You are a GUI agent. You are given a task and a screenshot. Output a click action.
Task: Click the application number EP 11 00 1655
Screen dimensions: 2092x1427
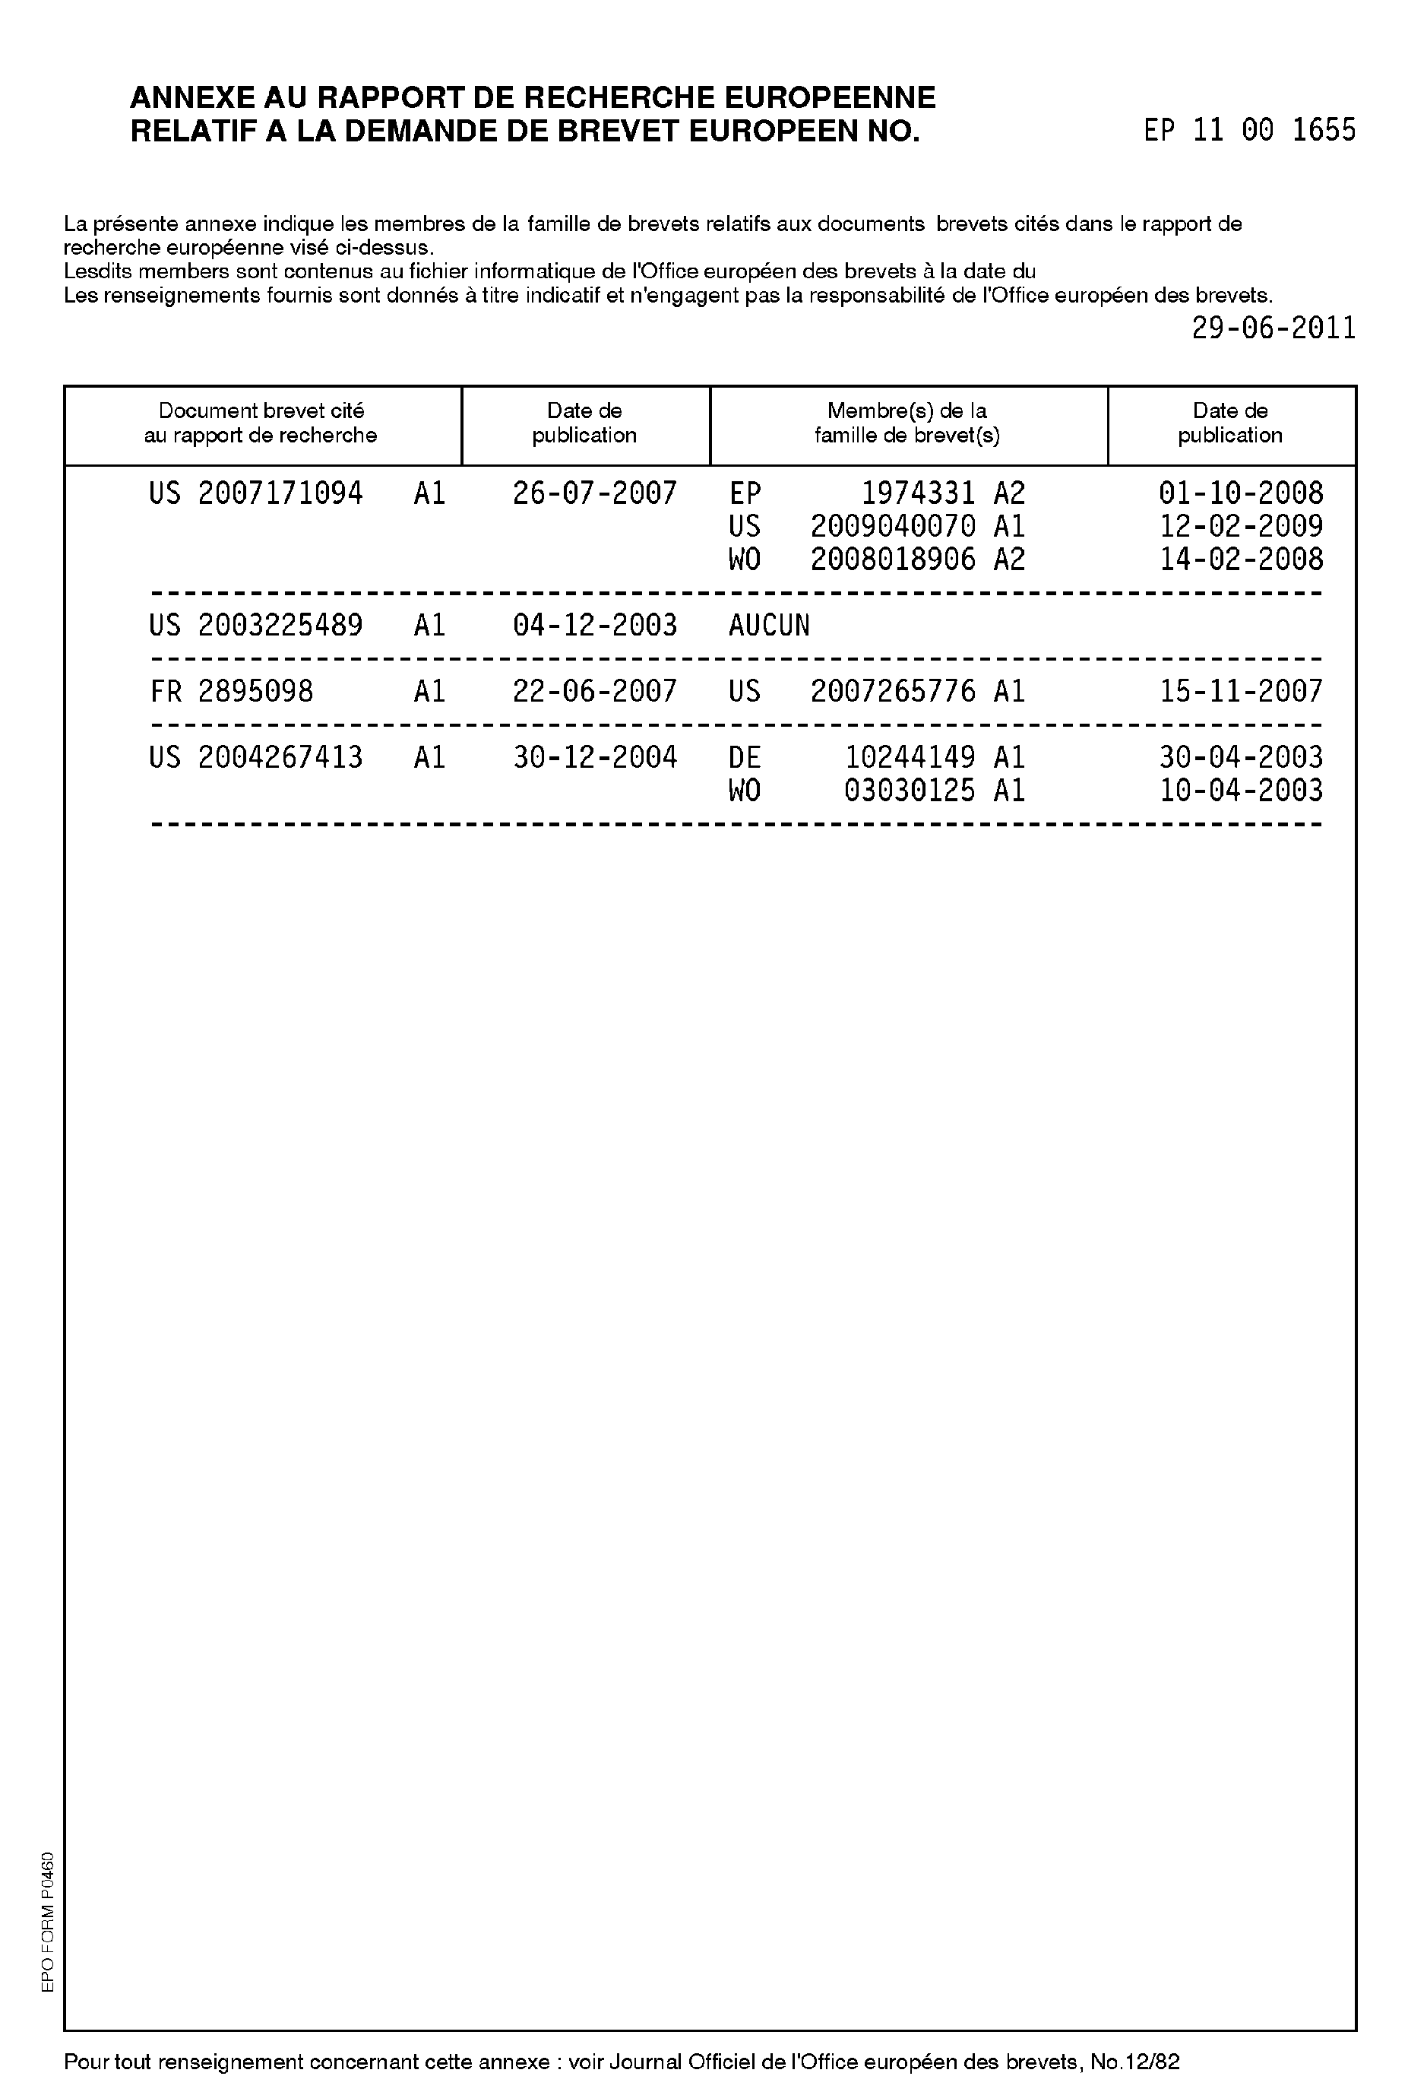(1249, 132)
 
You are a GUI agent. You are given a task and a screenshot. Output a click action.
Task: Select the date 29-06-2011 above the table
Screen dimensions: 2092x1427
(1274, 328)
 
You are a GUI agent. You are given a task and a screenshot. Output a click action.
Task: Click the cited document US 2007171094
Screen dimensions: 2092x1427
(255, 493)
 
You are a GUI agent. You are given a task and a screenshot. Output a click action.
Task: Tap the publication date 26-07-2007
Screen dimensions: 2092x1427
(595, 493)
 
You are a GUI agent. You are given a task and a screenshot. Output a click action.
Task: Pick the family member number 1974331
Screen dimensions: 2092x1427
(918, 493)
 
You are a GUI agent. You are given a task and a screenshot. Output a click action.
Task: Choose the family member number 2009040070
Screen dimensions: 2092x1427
(893, 527)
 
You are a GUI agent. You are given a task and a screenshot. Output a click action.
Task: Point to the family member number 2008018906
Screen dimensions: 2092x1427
(893, 560)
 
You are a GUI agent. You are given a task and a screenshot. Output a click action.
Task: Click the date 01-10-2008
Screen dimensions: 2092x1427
(1241, 493)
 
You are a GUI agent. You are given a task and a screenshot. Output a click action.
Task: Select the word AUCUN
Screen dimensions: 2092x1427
(768, 626)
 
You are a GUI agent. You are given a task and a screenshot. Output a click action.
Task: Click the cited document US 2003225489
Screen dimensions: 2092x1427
(255, 626)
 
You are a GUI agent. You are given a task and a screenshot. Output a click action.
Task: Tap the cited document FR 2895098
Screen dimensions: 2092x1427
(231, 691)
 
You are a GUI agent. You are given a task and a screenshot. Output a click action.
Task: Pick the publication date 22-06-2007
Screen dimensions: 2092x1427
(595, 691)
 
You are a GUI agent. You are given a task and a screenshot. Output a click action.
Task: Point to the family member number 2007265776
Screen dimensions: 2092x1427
(893, 691)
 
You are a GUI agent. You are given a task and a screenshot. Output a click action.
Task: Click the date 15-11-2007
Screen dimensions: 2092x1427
(1241, 691)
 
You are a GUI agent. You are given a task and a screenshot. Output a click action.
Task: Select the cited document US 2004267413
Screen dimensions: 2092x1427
(255, 758)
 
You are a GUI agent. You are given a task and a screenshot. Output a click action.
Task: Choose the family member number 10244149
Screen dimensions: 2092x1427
(910, 758)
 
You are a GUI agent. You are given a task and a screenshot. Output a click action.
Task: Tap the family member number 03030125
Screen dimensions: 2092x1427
(910, 791)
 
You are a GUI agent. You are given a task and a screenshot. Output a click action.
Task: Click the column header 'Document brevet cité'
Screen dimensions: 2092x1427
(261, 411)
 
